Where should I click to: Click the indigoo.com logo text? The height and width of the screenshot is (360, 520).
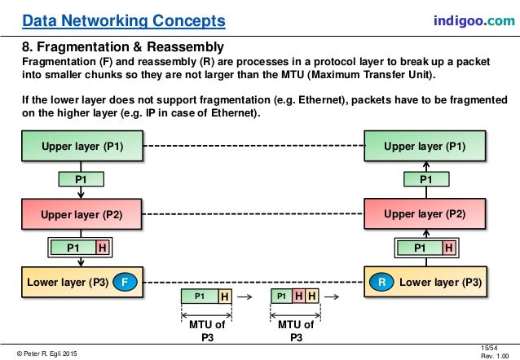click(x=473, y=19)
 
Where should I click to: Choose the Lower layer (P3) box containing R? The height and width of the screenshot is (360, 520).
click(x=428, y=283)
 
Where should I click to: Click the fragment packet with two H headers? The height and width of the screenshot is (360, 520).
click(x=294, y=297)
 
